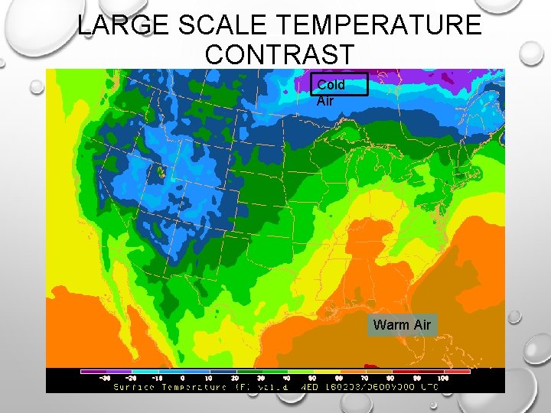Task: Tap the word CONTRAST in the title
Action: [x=280, y=55]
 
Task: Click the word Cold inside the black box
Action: [x=331, y=84]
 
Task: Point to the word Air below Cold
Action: [x=325, y=99]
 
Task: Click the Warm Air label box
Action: [x=402, y=325]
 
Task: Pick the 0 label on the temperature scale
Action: [x=182, y=378]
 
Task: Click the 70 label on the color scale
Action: [x=364, y=378]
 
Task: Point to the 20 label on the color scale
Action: [x=234, y=378]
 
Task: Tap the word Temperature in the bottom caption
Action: [x=194, y=386]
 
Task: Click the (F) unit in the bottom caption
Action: [x=241, y=386]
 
